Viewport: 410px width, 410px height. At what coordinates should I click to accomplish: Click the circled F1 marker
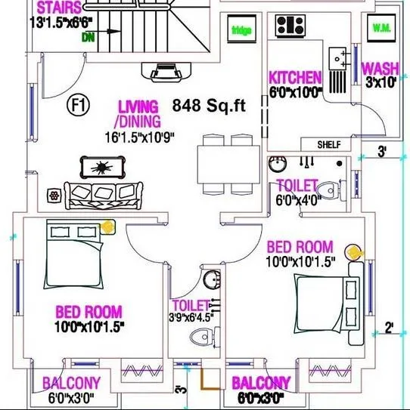pyautogui.click(x=78, y=105)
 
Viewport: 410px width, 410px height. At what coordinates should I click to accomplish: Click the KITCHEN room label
pyautogui.click(x=295, y=77)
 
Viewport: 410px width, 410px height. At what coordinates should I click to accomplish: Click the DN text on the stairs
pyautogui.click(x=89, y=35)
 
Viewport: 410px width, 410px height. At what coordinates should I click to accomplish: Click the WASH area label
pyautogui.click(x=380, y=69)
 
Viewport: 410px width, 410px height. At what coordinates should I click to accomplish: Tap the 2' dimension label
pyautogui.click(x=387, y=328)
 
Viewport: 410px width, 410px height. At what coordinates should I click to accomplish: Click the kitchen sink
pyautogui.click(x=340, y=57)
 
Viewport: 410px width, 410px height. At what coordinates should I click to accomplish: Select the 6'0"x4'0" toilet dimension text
pyautogui.click(x=300, y=201)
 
